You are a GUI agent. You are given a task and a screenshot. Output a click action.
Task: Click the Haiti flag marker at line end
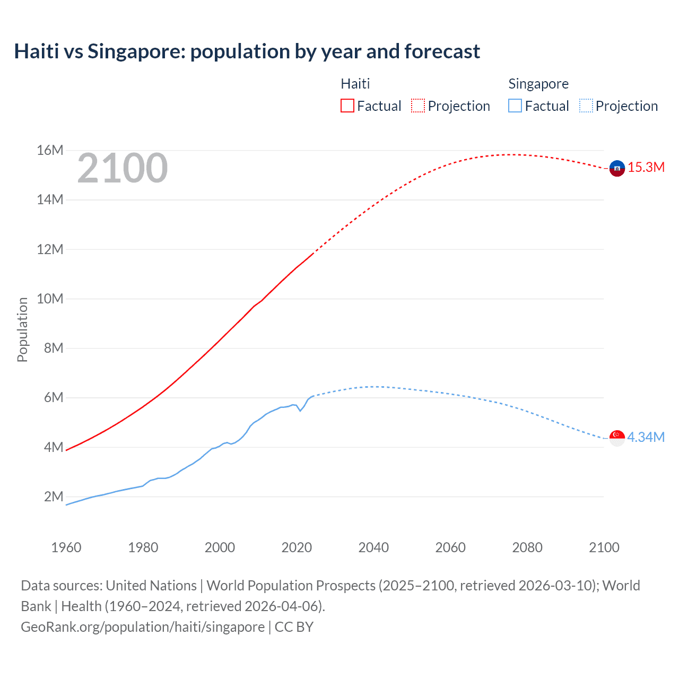(x=617, y=168)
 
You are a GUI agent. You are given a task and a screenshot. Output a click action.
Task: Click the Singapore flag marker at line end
(x=617, y=438)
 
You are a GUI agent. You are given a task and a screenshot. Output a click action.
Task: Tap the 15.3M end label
(x=646, y=168)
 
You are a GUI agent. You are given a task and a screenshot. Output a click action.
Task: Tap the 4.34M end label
(x=646, y=438)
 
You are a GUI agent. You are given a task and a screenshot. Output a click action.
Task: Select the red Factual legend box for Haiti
(x=347, y=106)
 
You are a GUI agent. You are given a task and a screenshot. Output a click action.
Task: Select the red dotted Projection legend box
(x=418, y=106)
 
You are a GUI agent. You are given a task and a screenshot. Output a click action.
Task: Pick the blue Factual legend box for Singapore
(x=515, y=106)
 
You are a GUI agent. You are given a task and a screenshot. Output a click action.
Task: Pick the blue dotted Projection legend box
(x=586, y=106)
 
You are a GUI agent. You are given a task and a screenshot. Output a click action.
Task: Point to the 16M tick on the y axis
(x=50, y=151)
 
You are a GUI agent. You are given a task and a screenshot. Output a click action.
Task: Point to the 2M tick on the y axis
(x=53, y=497)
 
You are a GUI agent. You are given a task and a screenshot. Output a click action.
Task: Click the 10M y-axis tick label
(x=50, y=299)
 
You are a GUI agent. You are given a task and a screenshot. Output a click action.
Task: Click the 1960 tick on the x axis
(x=66, y=547)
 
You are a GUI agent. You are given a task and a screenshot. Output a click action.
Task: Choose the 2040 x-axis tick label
(x=373, y=547)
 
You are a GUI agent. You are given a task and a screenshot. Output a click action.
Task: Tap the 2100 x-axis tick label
(x=604, y=547)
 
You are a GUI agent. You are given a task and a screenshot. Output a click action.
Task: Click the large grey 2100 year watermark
(x=123, y=168)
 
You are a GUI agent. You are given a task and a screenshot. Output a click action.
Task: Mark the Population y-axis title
(x=22, y=329)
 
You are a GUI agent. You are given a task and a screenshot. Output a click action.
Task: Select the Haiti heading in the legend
(x=355, y=84)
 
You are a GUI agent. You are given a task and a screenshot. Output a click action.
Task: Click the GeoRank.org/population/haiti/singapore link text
(x=143, y=627)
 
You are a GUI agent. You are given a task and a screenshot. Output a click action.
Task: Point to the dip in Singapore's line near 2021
(x=300, y=411)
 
